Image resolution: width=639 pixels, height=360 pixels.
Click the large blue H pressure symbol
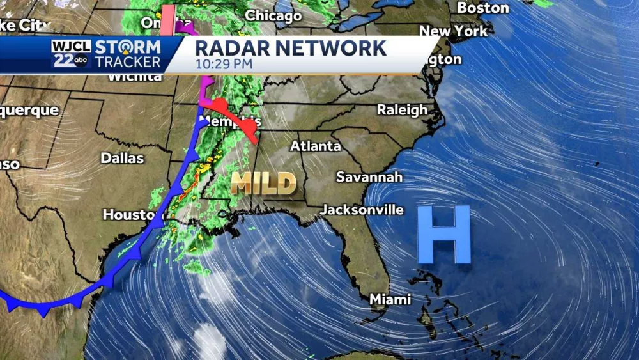(x=444, y=235)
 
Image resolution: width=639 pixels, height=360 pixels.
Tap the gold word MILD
(x=263, y=183)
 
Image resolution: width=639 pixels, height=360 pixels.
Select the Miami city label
(x=390, y=299)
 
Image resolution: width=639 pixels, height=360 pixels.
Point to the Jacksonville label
(x=362, y=209)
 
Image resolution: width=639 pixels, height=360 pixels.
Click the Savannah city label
(x=369, y=176)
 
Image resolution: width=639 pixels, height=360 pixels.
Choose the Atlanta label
(x=315, y=146)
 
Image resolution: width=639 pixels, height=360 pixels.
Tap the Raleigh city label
(x=402, y=109)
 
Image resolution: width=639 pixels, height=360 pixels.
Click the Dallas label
(x=122, y=157)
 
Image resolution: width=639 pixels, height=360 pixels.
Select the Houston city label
(x=128, y=215)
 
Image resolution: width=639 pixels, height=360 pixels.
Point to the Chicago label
(x=273, y=15)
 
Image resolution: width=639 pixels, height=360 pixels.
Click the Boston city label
(x=483, y=8)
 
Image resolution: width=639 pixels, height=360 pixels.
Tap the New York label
(x=453, y=30)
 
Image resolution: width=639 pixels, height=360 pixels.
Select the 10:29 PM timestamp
(x=224, y=64)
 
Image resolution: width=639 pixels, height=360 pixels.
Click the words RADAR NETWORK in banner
(x=290, y=48)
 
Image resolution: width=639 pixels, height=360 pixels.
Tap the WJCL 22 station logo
(x=71, y=54)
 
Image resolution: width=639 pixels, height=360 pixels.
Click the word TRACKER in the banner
(x=128, y=61)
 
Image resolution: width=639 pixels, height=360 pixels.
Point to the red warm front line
(x=233, y=118)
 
